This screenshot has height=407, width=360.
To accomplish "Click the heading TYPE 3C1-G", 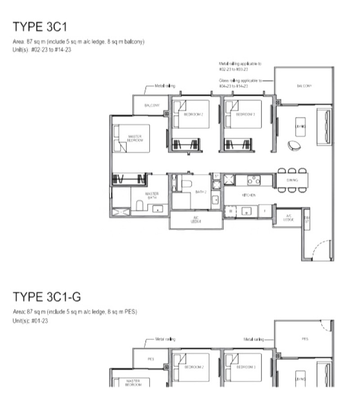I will tap(47, 297).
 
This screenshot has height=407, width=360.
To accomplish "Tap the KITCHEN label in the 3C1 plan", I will tap(249, 195).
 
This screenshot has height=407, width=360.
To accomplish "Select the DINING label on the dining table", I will tap(292, 180).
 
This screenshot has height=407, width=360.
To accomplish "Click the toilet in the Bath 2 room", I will tap(186, 183).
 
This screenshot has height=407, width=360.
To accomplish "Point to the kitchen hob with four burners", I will tap(254, 180).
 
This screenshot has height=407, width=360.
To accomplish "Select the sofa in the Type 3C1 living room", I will tap(324, 126).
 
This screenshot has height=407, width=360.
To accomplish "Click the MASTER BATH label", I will tap(152, 196).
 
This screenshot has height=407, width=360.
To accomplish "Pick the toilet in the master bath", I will tap(140, 206).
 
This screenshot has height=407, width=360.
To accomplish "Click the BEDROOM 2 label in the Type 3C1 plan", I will tap(193, 114).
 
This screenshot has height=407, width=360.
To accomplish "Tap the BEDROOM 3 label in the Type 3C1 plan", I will tap(246, 114).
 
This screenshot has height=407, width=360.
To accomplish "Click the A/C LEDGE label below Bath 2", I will tap(196, 220).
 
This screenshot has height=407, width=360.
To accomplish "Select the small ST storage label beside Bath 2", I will tap(216, 176).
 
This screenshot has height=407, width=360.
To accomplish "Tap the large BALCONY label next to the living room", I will tap(304, 85).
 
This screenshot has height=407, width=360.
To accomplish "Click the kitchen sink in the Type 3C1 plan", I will tap(246, 210).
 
